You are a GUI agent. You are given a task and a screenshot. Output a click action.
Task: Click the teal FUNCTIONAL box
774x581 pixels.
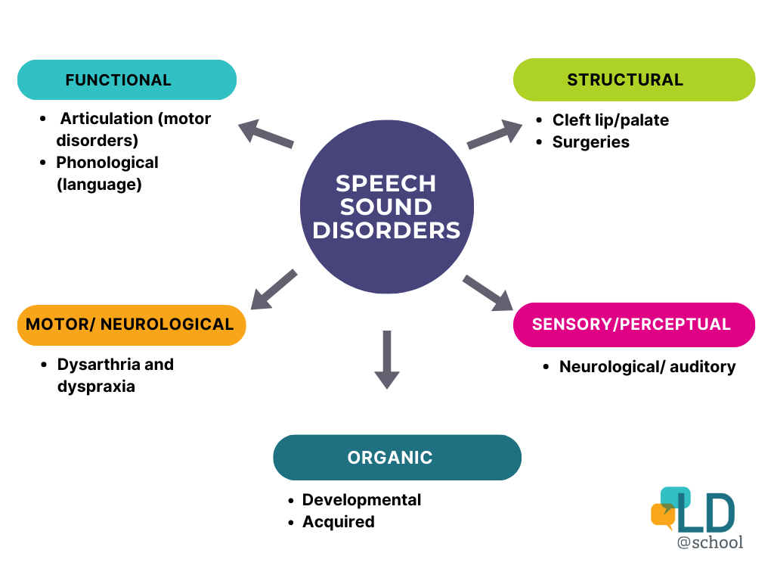(126, 79)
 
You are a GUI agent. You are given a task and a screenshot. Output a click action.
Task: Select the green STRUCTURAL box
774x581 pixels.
(633, 79)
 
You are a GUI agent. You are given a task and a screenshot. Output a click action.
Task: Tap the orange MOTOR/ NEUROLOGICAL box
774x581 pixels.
(131, 325)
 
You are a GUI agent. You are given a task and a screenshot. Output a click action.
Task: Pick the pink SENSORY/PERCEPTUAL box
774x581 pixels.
(633, 325)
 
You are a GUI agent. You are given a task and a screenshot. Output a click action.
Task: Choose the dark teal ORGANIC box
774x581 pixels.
(397, 457)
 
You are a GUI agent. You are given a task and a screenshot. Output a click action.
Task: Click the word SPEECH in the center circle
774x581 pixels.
(386, 183)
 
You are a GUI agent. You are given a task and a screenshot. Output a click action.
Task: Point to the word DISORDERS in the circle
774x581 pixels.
(386, 230)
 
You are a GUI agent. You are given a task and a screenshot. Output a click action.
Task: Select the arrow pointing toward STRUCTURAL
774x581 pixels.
(494, 135)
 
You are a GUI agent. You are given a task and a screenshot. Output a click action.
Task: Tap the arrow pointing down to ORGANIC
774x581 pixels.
(386, 359)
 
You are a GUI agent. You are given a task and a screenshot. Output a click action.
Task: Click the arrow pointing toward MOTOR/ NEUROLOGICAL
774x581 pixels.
(273, 290)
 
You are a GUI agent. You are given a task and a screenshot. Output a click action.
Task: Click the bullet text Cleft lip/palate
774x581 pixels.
(610, 120)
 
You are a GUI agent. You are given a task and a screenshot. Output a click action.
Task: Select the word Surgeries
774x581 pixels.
(590, 141)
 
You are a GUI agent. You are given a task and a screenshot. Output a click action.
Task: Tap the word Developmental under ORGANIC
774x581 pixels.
(361, 499)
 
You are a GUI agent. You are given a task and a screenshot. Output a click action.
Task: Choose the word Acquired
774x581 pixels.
(338, 521)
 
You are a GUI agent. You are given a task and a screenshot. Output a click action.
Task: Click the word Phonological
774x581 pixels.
(107, 162)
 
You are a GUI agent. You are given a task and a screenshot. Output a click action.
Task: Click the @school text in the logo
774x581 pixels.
(710, 542)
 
